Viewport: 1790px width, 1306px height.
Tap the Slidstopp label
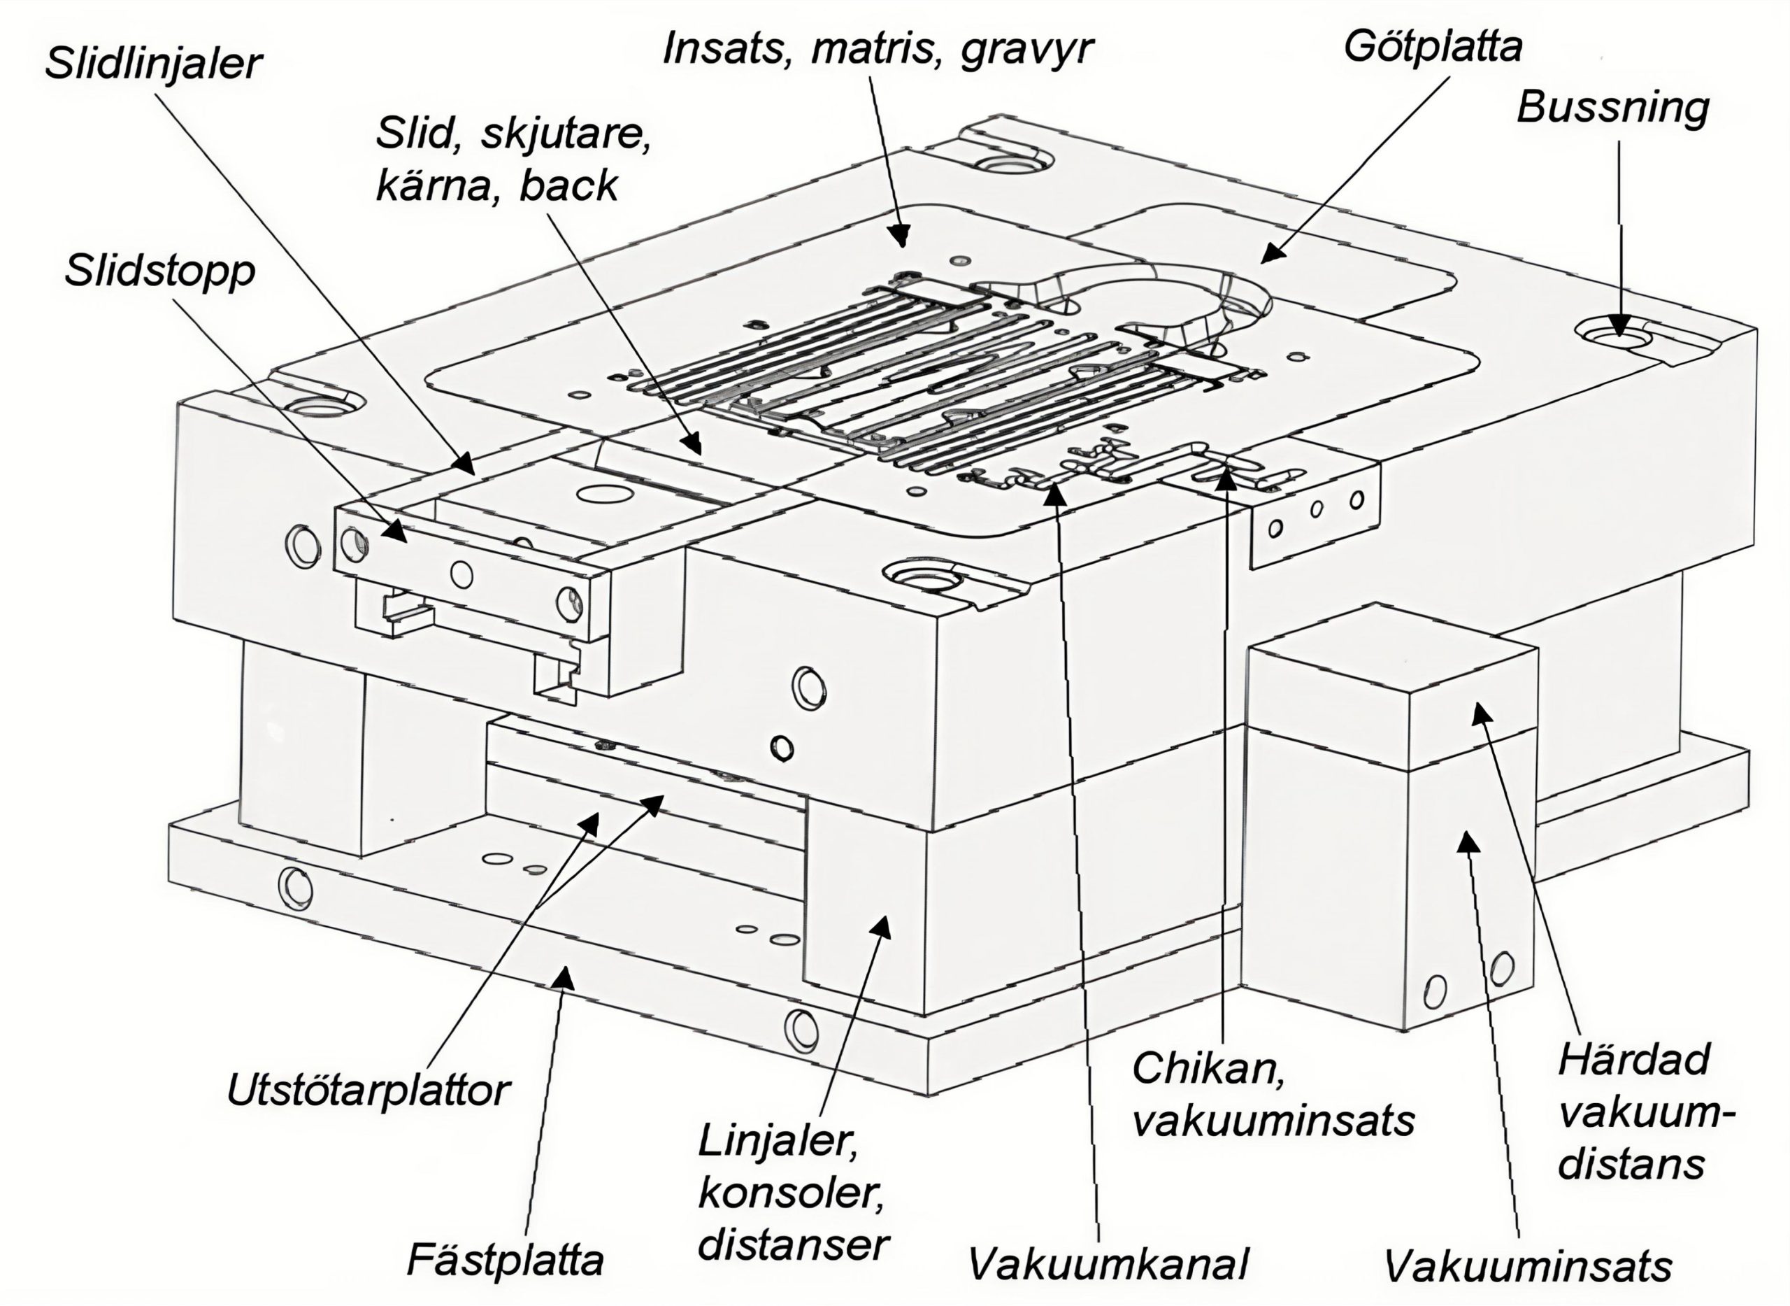(x=160, y=271)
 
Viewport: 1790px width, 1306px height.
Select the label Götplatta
(x=1433, y=47)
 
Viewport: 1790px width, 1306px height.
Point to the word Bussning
(x=1612, y=107)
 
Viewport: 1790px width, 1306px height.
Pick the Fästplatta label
(x=505, y=1260)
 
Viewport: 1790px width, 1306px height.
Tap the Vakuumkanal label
(x=1108, y=1263)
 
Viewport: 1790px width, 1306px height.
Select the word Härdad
(x=1634, y=1059)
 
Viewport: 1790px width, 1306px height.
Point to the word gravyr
(x=1026, y=49)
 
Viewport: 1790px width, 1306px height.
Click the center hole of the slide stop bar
(x=461, y=575)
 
